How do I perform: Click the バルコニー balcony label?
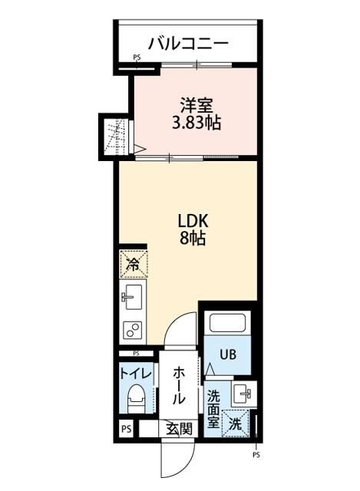point(187,43)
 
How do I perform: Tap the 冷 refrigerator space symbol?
point(132,265)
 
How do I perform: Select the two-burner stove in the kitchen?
point(132,330)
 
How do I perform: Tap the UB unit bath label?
point(229,355)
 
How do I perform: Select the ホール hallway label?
point(178,385)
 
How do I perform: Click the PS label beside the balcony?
point(137,58)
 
